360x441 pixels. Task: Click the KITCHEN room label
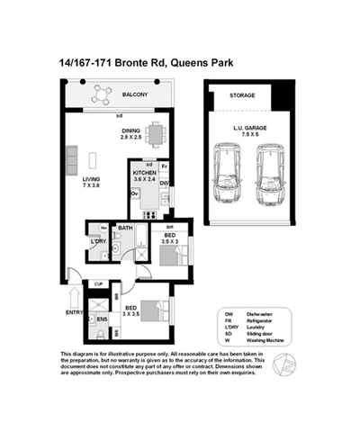145,171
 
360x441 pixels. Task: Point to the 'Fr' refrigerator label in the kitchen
165,166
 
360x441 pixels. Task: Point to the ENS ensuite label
103,318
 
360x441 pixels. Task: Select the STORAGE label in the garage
242,95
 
